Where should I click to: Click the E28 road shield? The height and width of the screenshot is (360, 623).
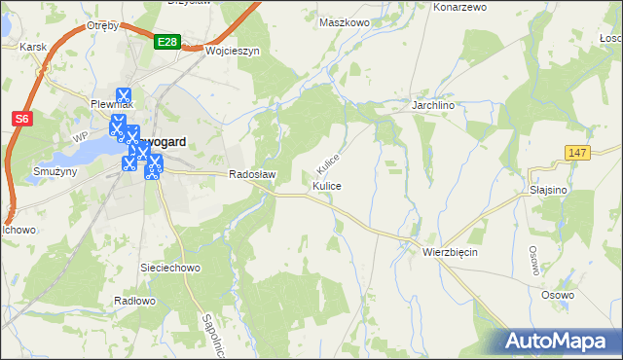(166, 43)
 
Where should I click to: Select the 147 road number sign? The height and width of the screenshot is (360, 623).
(577, 153)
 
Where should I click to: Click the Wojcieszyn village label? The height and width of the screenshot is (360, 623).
(232, 52)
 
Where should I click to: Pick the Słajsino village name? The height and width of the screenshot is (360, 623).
(548, 191)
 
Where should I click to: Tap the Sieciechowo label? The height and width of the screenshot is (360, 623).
(170, 266)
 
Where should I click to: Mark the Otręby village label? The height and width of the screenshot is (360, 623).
(101, 25)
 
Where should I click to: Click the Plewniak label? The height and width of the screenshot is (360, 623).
(112, 103)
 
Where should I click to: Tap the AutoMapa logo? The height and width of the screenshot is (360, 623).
(559, 342)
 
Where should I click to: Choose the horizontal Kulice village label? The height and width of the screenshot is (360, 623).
(327, 185)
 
